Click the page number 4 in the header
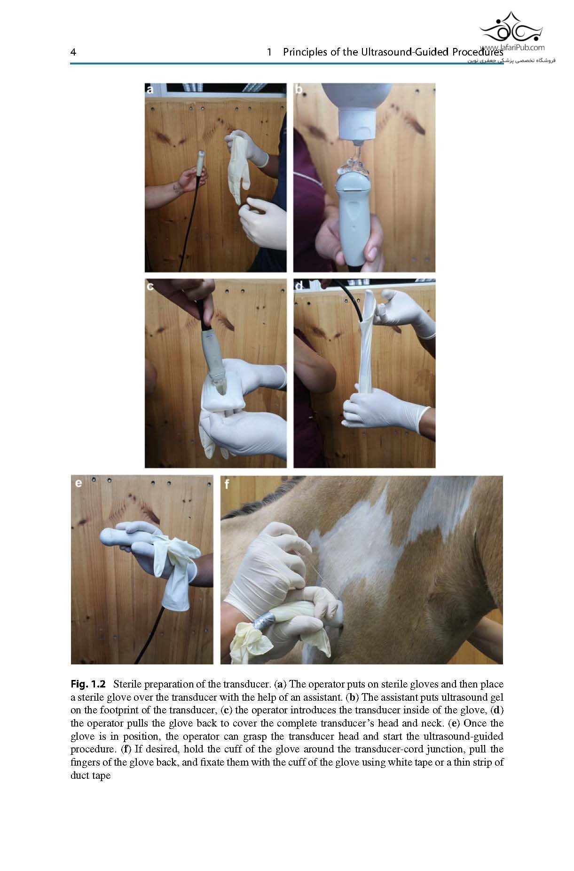pyautogui.click(x=73, y=52)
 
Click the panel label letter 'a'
pyautogui.click(x=150, y=89)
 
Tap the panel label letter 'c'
pyautogui.click(x=150, y=286)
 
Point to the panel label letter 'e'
pyautogui.click(x=78, y=483)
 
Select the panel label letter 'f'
pyautogui.click(x=227, y=483)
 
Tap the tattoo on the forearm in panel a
pyautogui.click(x=177, y=189)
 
